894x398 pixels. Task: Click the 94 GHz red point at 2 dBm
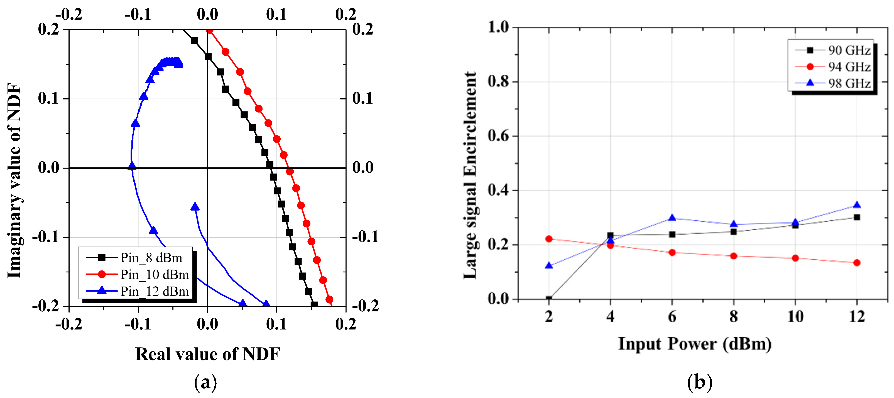(x=549, y=239)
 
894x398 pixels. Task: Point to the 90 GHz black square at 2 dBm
(x=549, y=299)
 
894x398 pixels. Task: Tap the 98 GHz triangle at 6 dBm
(x=672, y=218)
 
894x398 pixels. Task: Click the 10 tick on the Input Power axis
(x=795, y=316)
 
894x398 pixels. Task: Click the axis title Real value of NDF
(x=207, y=354)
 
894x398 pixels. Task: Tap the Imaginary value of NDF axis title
(x=14, y=180)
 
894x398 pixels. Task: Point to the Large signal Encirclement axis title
(x=470, y=175)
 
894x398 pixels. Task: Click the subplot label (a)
(x=205, y=382)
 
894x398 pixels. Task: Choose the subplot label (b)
(x=700, y=382)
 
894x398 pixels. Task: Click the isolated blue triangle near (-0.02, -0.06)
(x=195, y=207)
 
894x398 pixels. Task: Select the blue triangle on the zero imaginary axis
(x=131, y=166)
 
